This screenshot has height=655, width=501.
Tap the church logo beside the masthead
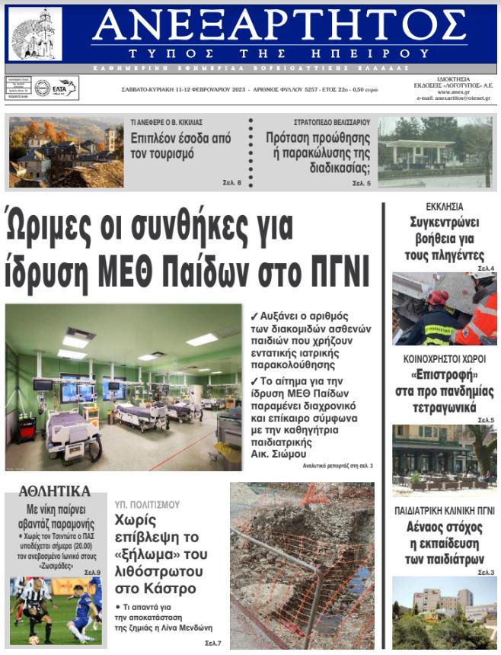point(35,34)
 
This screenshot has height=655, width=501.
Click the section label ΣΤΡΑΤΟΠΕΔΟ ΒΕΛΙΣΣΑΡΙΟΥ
point(331,121)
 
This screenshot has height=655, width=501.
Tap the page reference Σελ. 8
point(232,183)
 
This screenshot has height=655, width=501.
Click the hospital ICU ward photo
point(123,387)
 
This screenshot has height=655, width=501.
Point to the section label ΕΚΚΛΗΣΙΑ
point(445,207)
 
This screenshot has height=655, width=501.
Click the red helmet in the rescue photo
point(439,297)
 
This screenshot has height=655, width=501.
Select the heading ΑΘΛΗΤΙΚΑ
point(53,491)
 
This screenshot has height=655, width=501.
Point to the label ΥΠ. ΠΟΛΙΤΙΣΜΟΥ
point(147,504)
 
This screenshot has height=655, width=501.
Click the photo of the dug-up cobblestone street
point(302,565)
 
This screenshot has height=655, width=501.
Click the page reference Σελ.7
point(212,644)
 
